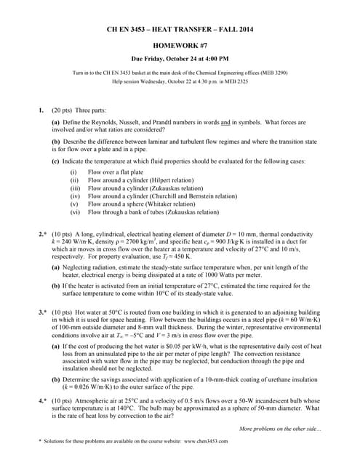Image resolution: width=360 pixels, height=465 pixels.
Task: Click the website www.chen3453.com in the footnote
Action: click(204, 441)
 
